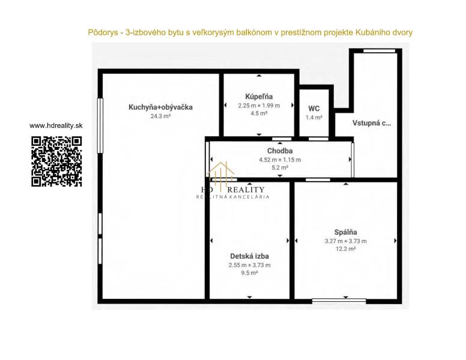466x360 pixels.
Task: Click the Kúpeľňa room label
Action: tap(259, 97)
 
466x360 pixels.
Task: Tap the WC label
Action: tap(314, 109)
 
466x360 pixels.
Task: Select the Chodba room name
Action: tap(280, 151)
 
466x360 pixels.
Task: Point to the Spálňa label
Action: tap(346, 232)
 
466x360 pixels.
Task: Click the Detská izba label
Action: tap(250, 256)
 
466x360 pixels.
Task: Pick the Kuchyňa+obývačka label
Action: tap(160, 107)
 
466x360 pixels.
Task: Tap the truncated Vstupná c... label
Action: tap(372, 123)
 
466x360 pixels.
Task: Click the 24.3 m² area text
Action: tap(160, 116)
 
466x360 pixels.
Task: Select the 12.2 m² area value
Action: tap(346, 249)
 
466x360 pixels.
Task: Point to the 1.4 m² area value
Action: tap(314, 118)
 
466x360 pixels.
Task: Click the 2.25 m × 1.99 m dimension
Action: tap(259, 106)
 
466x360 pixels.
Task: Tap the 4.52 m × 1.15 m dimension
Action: tap(280, 160)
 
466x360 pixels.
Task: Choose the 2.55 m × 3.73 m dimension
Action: tap(250, 265)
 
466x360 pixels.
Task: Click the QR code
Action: tap(56, 161)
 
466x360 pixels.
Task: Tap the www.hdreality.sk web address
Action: tap(56, 125)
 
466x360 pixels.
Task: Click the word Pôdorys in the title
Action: tap(103, 32)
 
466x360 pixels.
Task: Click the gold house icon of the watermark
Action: tap(222, 174)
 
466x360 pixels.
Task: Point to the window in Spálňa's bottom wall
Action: tap(339, 301)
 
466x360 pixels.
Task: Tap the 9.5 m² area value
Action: tap(250, 273)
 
